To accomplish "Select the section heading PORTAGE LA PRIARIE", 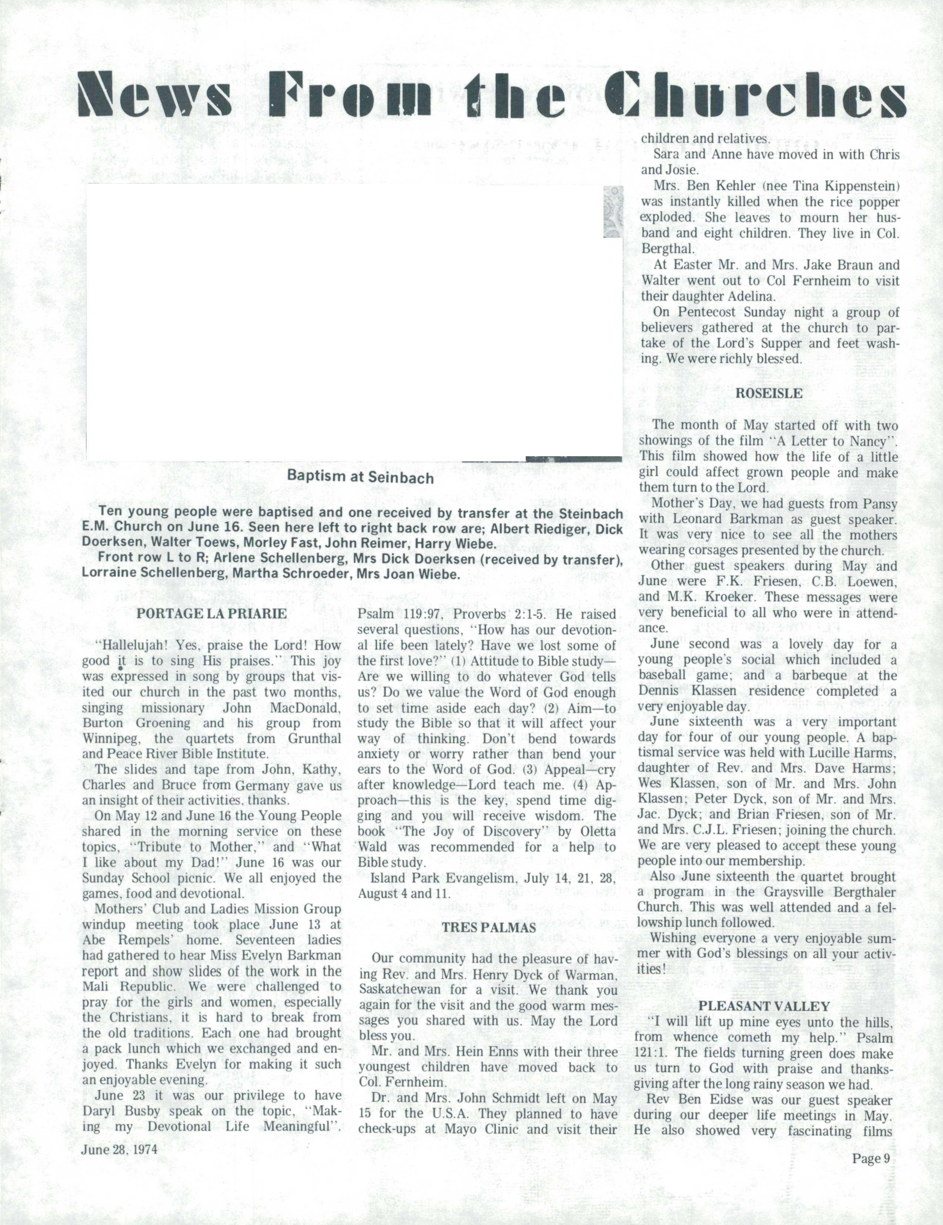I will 211,614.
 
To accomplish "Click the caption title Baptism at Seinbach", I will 361,477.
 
